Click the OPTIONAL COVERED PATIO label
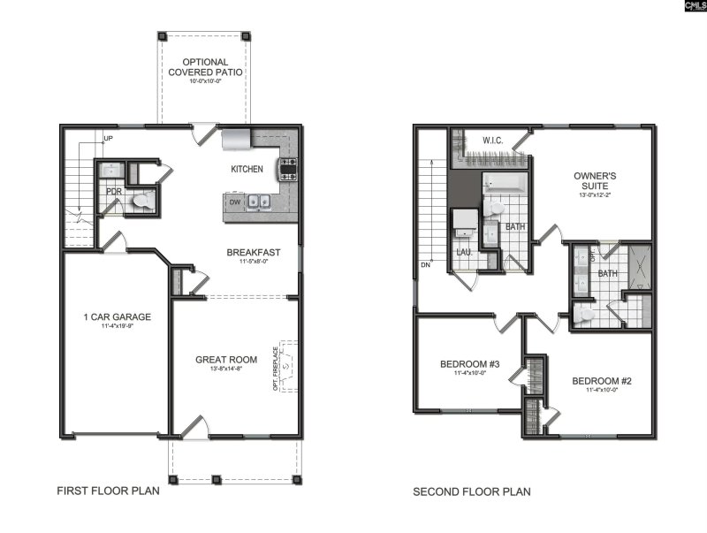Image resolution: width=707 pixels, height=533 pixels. (201, 67)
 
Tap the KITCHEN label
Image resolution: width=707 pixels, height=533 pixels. (247, 169)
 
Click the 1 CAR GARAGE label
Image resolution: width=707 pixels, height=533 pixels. (117, 316)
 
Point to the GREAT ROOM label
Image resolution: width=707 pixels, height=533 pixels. (227, 360)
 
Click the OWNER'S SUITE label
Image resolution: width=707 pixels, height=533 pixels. (595, 181)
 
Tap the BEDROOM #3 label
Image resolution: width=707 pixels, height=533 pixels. (470, 364)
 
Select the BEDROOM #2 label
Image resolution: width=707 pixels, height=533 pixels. (602, 382)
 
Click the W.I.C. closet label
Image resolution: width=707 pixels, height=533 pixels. (493, 141)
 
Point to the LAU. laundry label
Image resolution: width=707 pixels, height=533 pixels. (463, 252)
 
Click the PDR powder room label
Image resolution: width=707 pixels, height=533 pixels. (114, 191)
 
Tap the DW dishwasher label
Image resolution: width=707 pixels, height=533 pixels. (234, 202)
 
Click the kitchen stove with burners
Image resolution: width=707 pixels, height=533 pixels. (288, 168)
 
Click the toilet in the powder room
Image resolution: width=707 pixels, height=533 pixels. (141, 202)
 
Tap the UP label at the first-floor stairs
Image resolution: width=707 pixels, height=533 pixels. (108, 140)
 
